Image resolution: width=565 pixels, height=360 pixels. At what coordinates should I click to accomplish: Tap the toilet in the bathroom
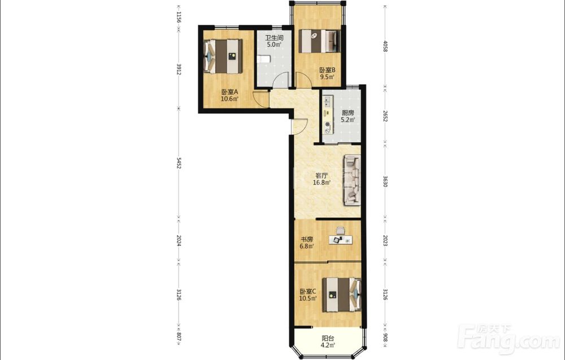pyautogui.click(x=263, y=59)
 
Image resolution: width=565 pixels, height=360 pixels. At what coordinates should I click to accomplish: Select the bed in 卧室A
pyautogui.click(x=223, y=56)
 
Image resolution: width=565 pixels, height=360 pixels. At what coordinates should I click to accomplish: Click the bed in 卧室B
pyautogui.click(x=319, y=41)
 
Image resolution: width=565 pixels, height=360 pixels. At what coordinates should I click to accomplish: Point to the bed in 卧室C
pyautogui.click(x=342, y=295)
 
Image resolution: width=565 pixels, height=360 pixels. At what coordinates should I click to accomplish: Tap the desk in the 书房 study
pyautogui.click(x=340, y=240)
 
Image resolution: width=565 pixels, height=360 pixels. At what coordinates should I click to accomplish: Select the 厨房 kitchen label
pyautogui.click(x=347, y=113)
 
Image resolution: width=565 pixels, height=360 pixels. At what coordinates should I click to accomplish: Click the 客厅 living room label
pyautogui.click(x=321, y=176)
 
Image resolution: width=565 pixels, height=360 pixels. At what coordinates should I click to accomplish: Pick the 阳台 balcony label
pyautogui.click(x=328, y=339)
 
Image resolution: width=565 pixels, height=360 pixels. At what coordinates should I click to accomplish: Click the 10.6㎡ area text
pyautogui.click(x=229, y=99)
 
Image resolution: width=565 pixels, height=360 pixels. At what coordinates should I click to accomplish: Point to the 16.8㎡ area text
pyautogui.click(x=322, y=183)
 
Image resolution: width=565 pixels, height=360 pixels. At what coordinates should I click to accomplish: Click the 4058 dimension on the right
pyautogui.click(x=385, y=46)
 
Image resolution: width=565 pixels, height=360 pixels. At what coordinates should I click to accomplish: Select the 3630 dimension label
pyautogui.click(x=385, y=181)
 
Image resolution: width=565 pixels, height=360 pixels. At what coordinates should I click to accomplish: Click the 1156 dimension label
pyautogui.click(x=179, y=17)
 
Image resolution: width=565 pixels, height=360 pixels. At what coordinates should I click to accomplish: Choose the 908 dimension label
pyautogui.click(x=385, y=337)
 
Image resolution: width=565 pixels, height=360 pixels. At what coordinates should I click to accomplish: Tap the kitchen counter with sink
pyautogui.click(x=328, y=115)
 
